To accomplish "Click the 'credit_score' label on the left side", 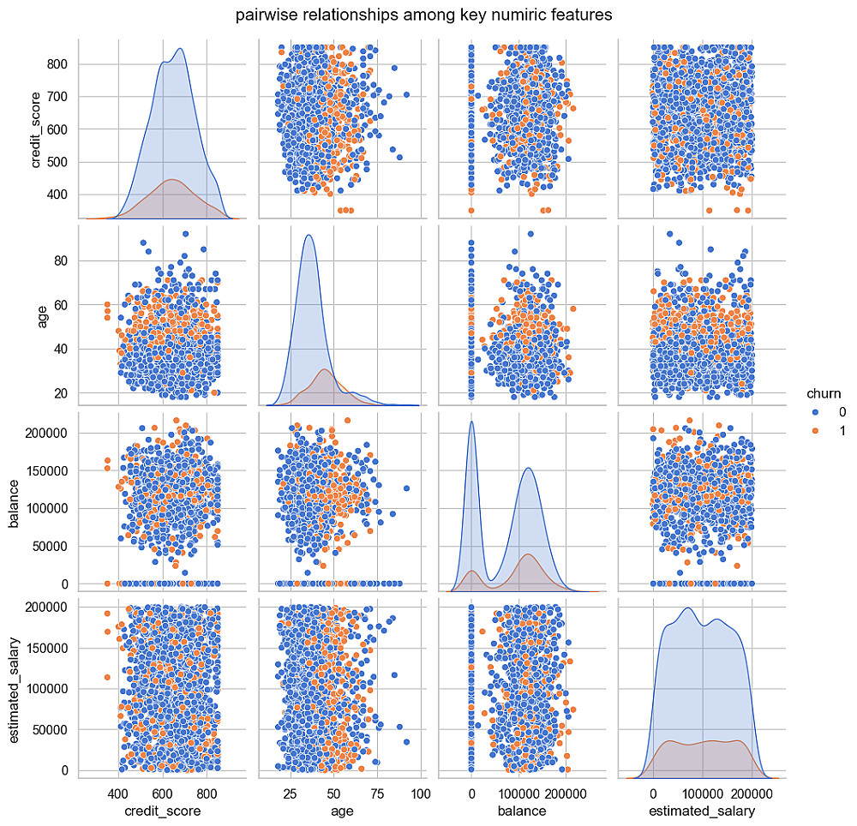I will pos(38,129).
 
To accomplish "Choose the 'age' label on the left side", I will pos(38,314).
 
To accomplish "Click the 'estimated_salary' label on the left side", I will pos(15,685).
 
